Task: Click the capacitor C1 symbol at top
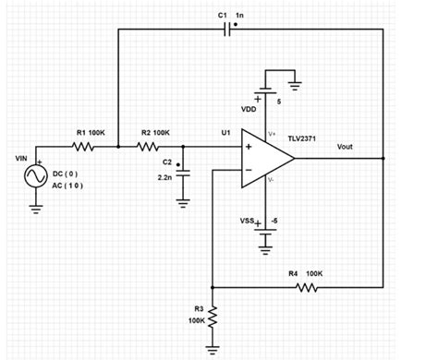[x=227, y=29]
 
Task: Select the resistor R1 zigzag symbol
[x=85, y=146]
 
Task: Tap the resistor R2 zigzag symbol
[x=150, y=146]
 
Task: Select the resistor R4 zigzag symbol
[x=305, y=287]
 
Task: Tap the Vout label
[x=345, y=146]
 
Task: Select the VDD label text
[x=249, y=108]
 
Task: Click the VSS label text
[x=248, y=222]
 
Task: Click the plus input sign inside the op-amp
[x=249, y=146]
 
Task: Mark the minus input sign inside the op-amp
[x=249, y=169]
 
